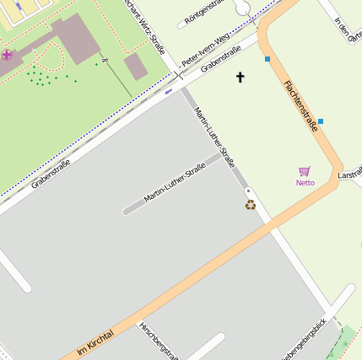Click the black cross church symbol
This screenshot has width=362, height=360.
tap(240, 78)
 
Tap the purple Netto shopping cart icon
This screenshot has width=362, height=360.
tap(305, 171)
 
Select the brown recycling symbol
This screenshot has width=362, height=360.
tap(251, 204)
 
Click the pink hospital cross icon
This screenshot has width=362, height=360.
tap(7, 55)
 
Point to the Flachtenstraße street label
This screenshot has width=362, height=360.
tap(301, 106)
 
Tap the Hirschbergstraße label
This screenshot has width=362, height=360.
tap(159, 341)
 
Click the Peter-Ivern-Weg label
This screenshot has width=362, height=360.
tap(206, 52)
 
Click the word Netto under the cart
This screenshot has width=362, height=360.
tap(305, 183)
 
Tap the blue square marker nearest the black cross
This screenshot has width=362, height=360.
tap(267, 59)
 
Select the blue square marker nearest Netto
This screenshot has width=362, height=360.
tap(321, 121)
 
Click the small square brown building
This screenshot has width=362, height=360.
tap(135, 67)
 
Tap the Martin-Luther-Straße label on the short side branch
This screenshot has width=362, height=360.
tap(175, 184)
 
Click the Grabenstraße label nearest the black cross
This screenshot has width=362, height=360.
tap(226, 58)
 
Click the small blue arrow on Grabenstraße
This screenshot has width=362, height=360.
tap(169, 91)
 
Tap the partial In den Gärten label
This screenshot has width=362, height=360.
tap(347, 30)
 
